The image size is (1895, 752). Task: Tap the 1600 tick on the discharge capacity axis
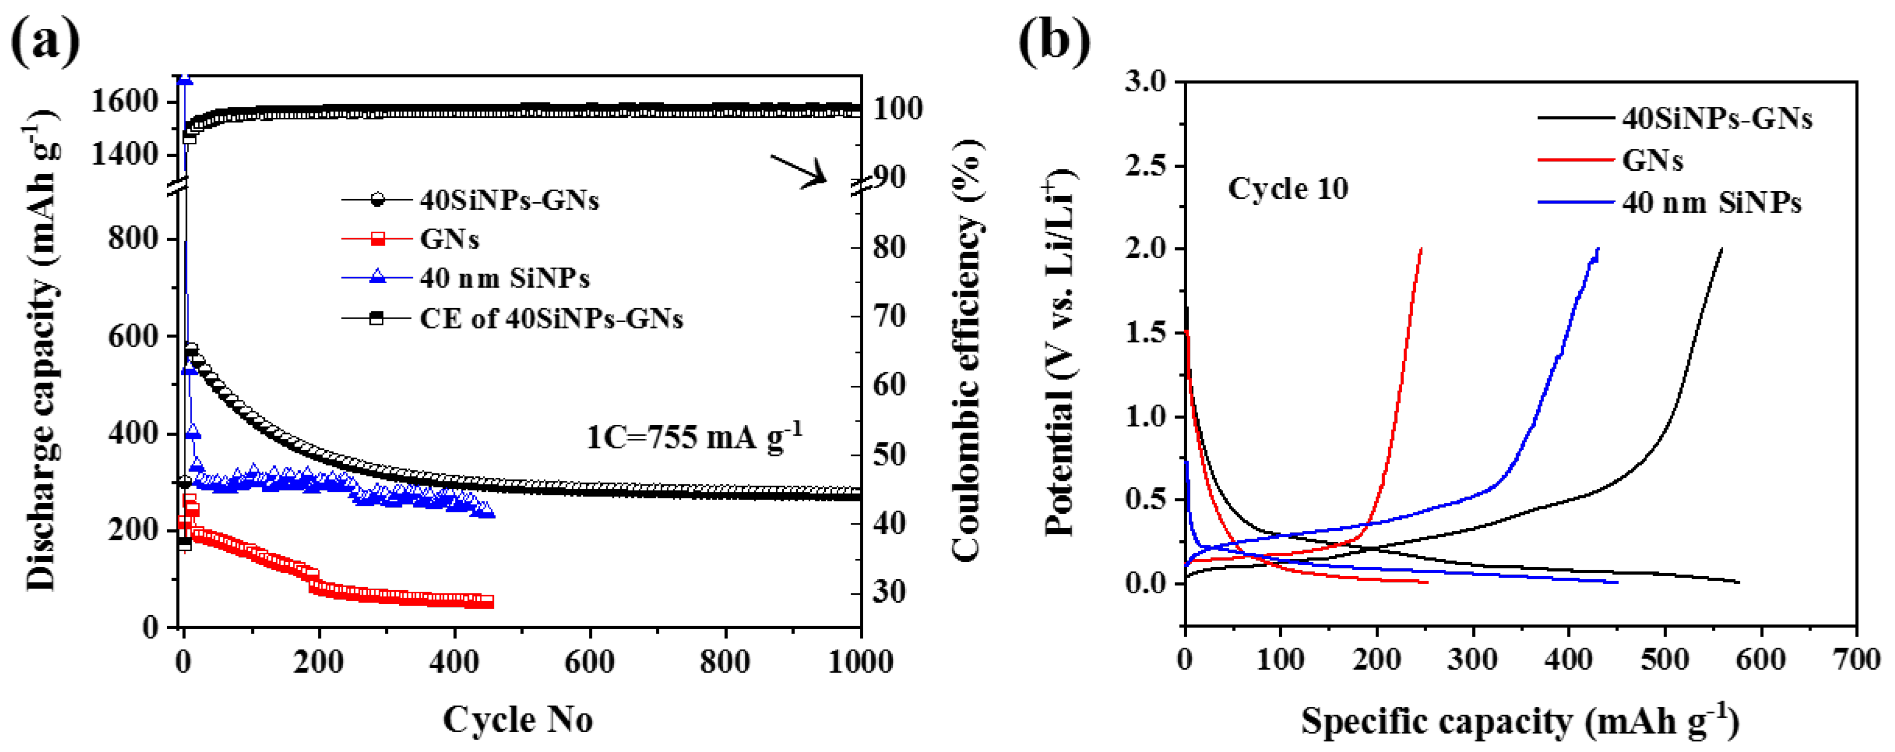pyautogui.click(x=124, y=101)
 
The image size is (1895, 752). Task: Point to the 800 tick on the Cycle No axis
pyautogui.click(x=725, y=662)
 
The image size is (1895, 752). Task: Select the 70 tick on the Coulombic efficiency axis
pyautogui.click(x=889, y=316)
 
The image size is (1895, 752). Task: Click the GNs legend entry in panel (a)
pyautogui.click(x=449, y=239)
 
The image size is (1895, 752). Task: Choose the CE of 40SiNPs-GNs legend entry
pyautogui.click(x=550, y=318)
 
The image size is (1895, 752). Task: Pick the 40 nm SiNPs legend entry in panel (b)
pyautogui.click(x=1711, y=202)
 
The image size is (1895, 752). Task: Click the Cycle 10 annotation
pyautogui.click(x=1287, y=189)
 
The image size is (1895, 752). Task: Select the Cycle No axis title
pyautogui.click(x=518, y=719)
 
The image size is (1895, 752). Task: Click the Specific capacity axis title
pyautogui.click(x=1520, y=721)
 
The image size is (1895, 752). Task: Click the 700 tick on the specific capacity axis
pyautogui.click(x=1857, y=659)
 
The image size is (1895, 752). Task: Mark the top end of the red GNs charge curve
pyautogui.click(x=1421, y=249)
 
